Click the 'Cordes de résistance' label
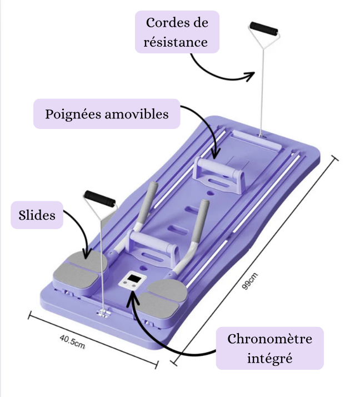coord(177,32)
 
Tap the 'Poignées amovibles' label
coord(107,114)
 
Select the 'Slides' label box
coord(37,215)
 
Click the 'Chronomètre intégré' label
coord(269,348)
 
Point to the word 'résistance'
coord(176,42)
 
